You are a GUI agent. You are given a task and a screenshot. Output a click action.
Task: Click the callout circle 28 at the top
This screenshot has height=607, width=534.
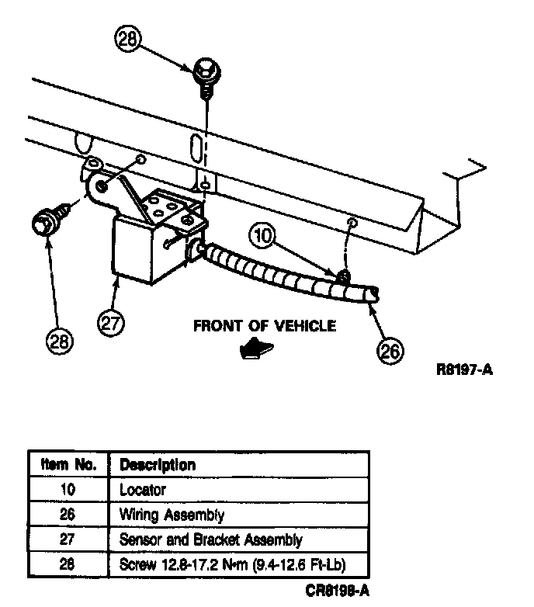click(x=129, y=39)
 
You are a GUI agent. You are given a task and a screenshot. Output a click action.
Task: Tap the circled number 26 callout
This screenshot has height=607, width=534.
click(x=390, y=351)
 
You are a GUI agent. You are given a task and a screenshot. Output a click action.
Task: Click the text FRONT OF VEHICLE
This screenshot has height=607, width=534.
click(x=264, y=325)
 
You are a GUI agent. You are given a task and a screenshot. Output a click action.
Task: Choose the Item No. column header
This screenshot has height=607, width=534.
click(x=68, y=465)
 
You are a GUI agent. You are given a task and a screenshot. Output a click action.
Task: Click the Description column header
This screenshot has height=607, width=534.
click(x=158, y=465)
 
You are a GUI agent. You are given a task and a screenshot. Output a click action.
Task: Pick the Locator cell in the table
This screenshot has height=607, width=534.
click(x=143, y=490)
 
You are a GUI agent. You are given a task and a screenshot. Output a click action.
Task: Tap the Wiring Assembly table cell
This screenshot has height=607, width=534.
click(x=172, y=514)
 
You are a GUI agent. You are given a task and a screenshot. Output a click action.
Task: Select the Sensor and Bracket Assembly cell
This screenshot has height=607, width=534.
click(x=210, y=539)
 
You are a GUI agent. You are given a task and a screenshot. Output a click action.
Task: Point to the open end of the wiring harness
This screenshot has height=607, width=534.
click(x=373, y=294)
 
